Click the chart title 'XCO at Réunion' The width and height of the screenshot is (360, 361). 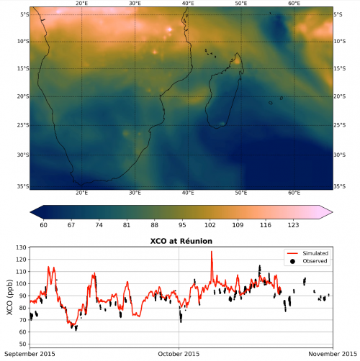(x=181, y=241)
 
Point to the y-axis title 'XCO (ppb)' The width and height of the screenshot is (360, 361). (x=9, y=297)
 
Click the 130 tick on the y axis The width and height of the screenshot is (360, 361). (x=21, y=247)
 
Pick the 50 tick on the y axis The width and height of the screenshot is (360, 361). (x=23, y=344)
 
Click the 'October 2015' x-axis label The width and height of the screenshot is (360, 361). (x=179, y=354)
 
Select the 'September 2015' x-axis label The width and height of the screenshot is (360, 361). (x=30, y=354)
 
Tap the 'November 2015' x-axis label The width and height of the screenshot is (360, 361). (x=333, y=354)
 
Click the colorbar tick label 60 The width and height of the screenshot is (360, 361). (x=43, y=225)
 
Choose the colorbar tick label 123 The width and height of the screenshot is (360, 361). (x=293, y=225)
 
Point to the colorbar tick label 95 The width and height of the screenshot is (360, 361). (x=182, y=225)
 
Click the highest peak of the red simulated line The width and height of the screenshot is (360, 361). (x=212, y=252)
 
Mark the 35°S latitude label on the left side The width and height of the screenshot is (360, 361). (x=23, y=186)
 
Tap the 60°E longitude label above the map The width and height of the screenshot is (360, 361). (x=294, y=4)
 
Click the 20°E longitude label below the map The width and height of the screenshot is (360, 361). (x=81, y=193)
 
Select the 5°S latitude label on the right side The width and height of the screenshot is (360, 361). (x=338, y=14)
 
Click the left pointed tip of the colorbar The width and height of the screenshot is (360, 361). (x=30, y=212)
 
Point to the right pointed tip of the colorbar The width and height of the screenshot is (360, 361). (x=333, y=212)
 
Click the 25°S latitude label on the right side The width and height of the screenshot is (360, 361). (x=340, y=125)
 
